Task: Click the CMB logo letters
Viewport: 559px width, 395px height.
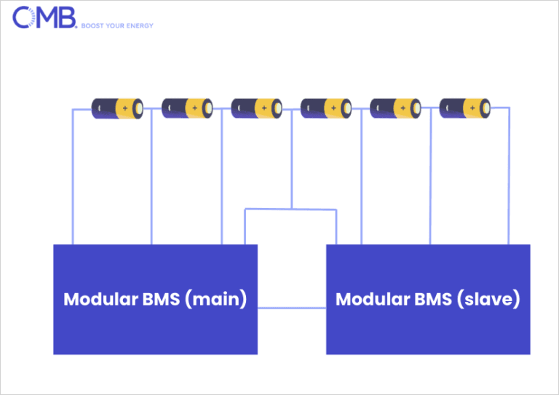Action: tap(44, 17)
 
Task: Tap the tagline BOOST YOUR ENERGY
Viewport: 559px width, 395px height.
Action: tap(117, 25)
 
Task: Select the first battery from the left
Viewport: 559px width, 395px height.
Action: tap(117, 108)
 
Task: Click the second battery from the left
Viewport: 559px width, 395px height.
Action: tap(187, 108)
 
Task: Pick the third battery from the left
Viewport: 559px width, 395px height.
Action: tap(257, 108)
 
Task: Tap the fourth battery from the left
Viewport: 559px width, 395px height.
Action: tap(326, 108)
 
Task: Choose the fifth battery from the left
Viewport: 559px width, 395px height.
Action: tap(395, 108)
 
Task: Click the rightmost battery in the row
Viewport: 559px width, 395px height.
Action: tap(465, 108)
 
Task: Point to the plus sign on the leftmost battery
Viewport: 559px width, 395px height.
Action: tap(125, 108)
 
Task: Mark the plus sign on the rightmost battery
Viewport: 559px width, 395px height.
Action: tap(472, 108)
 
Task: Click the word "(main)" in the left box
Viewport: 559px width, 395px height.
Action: tap(216, 299)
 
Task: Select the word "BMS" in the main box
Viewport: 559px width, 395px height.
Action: tap(161, 299)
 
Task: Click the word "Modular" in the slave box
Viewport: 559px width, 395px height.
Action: tap(373, 299)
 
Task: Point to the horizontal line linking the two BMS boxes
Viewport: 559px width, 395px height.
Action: tap(292, 308)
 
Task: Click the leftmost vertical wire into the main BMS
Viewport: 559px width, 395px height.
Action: tap(73, 177)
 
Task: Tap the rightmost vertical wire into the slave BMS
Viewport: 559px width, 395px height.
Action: tap(509, 176)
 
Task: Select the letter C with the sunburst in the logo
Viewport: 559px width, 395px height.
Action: tap(24, 17)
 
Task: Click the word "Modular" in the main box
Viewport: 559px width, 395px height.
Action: tap(101, 299)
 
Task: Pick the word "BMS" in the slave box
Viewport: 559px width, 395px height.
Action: tap(434, 299)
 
